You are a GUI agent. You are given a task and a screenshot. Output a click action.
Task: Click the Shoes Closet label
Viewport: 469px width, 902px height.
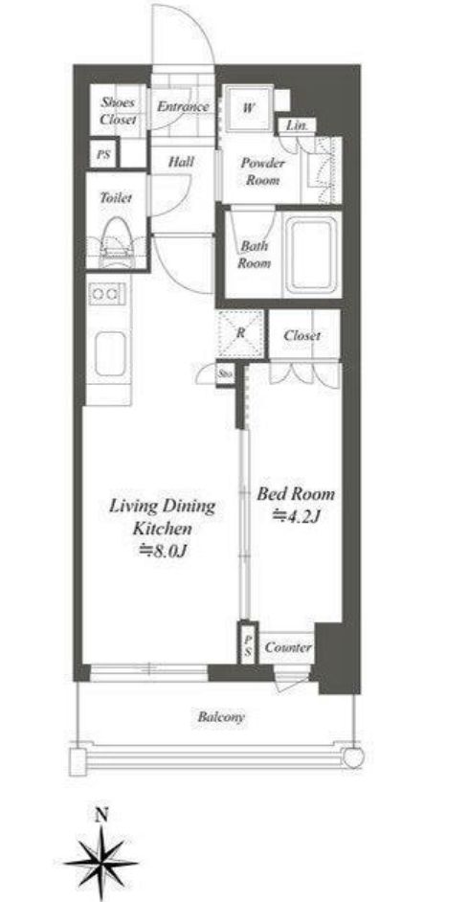click(118, 111)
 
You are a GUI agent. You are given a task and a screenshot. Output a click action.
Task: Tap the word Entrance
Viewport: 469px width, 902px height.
click(183, 106)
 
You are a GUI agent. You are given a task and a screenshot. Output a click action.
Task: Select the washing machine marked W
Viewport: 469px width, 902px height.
click(248, 108)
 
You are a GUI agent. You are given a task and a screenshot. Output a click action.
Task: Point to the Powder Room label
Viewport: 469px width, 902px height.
click(262, 171)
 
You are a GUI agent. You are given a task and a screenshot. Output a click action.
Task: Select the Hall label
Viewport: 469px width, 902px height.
click(181, 162)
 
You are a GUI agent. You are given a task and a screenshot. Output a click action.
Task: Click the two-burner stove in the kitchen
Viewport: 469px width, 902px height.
click(107, 295)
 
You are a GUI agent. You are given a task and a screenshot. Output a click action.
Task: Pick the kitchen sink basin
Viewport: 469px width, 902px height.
click(109, 353)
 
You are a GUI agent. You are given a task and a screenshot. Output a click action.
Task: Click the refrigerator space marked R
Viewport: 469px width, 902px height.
click(241, 333)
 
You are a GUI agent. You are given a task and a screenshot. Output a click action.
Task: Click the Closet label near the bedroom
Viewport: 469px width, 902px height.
click(301, 335)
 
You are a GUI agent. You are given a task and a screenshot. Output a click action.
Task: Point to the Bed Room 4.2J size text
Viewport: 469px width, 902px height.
click(296, 516)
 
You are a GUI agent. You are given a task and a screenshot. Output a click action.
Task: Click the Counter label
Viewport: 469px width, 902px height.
click(288, 647)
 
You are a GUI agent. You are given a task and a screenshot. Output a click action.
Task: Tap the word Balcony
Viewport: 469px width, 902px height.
click(221, 717)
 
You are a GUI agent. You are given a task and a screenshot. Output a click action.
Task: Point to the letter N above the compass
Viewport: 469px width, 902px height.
click(101, 815)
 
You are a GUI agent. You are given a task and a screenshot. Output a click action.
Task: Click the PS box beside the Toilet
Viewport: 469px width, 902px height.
click(103, 155)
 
